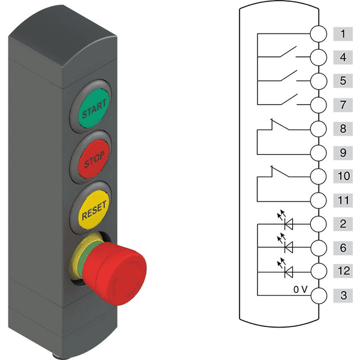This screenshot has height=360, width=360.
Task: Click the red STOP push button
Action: click(x=94, y=159)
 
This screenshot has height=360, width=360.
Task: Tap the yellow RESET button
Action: click(x=94, y=210)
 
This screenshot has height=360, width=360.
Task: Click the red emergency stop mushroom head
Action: click(x=115, y=274)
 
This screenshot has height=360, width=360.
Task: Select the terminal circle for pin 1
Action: click(x=319, y=34)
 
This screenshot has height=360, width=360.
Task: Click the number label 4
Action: click(x=343, y=58)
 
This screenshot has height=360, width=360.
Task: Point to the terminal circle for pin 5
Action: click(x=319, y=81)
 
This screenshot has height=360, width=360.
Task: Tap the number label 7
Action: click(x=343, y=105)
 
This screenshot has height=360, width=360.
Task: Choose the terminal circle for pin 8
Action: click(x=319, y=129)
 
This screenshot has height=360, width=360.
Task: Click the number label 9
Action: click(x=343, y=153)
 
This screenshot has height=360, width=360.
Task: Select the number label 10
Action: click(x=343, y=176)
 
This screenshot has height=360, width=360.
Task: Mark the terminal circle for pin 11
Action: click(x=319, y=200)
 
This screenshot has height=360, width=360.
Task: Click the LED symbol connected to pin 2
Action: click(x=286, y=221)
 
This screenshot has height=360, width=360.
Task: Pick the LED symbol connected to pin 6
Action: click(x=286, y=244)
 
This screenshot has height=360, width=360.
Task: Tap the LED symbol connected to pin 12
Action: click(x=286, y=269)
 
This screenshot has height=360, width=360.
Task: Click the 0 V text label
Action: click(x=301, y=290)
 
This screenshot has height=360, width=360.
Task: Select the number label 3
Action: click(x=343, y=295)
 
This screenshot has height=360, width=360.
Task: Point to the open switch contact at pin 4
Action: click(x=288, y=52)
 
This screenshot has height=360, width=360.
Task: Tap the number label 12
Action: click(x=343, y=271)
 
